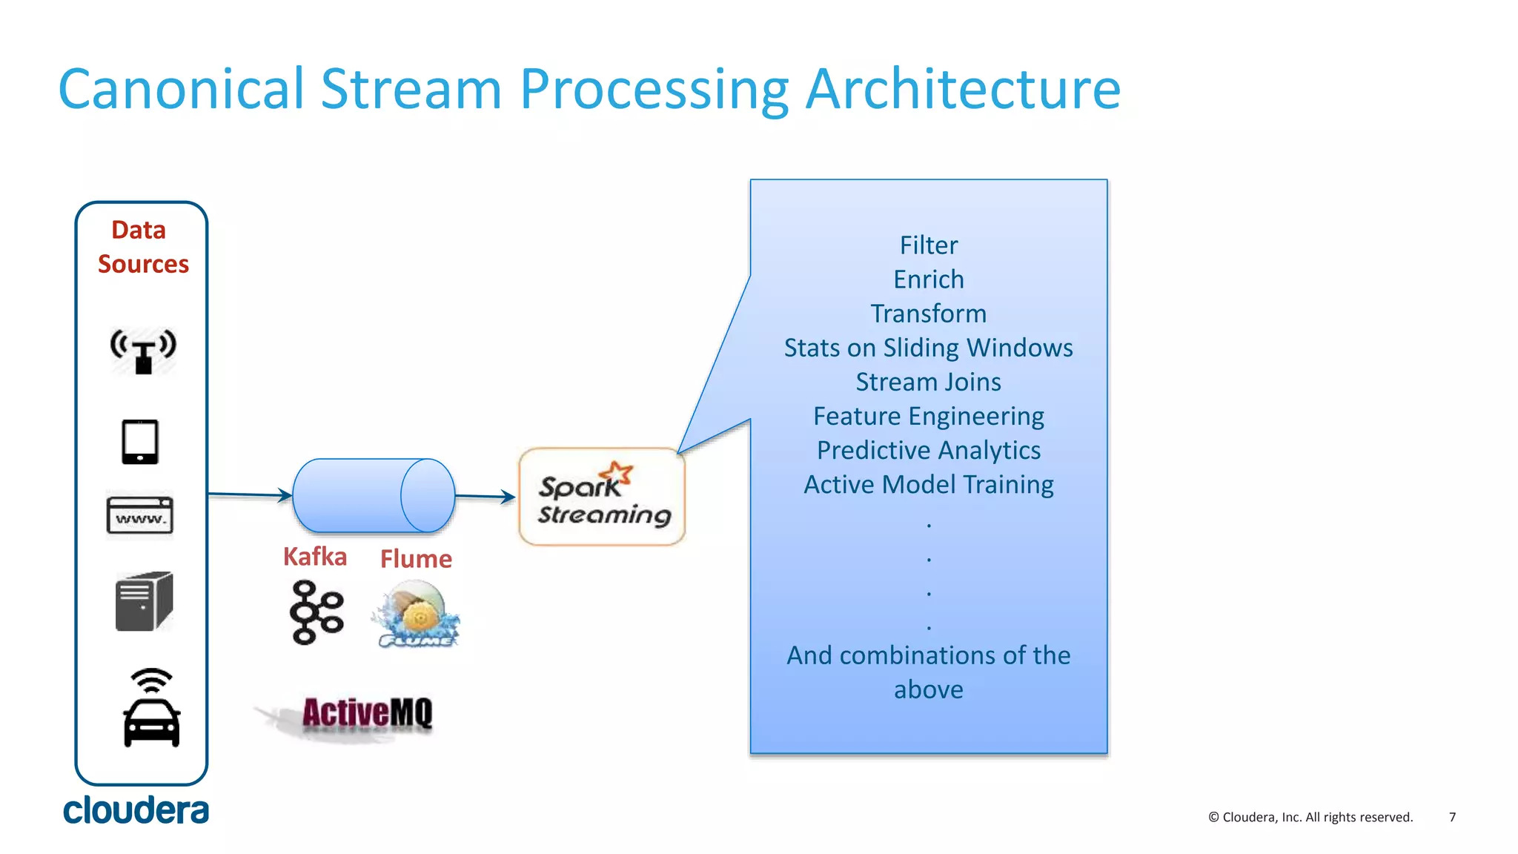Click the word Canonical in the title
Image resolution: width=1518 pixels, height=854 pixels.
[x=181, y=90]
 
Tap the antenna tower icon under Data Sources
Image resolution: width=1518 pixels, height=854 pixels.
[x=143, y=351]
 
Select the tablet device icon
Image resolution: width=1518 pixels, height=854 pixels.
[x=140, y=442]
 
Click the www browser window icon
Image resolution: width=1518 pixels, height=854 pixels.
[x=140, y=515]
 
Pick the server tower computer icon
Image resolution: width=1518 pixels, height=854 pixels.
[x=144, y=601]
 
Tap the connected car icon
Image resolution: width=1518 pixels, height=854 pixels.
[x=151, y=709]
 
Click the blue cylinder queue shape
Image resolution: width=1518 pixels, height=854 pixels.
[x=374, y=495]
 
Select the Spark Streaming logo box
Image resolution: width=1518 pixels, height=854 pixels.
[x=602, y=497]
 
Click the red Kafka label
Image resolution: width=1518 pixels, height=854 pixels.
[x=315, y=557]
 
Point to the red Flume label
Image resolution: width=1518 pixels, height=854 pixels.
[x=416, y=559]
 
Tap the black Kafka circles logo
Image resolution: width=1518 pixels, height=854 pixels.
[x=316, y=612]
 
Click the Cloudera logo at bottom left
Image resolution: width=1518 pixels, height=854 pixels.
[x=136, y=810]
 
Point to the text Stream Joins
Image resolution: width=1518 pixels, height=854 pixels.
[x=928, y=382]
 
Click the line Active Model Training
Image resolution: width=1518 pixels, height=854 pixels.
[x=928, y=485]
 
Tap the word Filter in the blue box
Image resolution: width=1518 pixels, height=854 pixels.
[x=928, y=245]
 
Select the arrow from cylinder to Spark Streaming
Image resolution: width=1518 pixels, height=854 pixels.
[x=485, y=497]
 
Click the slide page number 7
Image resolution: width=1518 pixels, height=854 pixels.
[x=1452, y=817]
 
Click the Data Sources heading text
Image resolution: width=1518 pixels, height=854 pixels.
[x=142, y=247]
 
